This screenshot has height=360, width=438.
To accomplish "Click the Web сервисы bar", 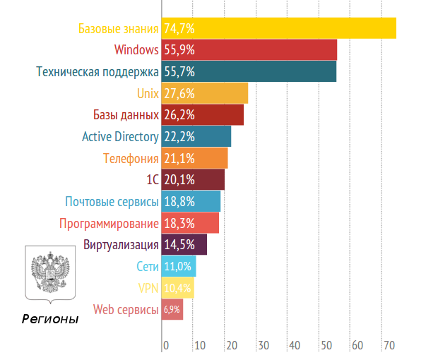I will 172,309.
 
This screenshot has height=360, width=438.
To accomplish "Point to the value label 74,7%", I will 179,29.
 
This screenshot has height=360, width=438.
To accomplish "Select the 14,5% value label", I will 179,245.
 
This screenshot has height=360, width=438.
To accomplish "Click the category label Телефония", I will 131,158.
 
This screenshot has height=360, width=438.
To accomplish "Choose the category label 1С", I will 152,180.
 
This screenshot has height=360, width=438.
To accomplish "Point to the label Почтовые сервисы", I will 112,202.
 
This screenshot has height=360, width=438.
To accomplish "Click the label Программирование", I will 109,224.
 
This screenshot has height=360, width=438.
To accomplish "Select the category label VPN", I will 148,288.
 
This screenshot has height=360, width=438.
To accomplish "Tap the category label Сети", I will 148,267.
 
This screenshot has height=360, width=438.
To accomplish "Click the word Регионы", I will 49,319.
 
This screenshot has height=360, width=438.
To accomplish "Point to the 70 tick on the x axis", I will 389,346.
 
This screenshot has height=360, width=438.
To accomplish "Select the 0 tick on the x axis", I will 166,346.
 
